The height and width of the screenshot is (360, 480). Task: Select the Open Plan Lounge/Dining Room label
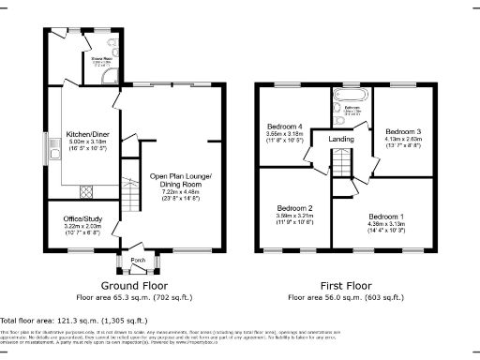tap(181, 181)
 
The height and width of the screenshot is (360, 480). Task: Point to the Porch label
tap(137, 260)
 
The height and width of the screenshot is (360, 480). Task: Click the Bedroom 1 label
tap(386, 215)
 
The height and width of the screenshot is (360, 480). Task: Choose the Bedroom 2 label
tap(294, 209)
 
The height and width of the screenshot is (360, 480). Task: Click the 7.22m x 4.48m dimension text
tap(181, 191)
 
